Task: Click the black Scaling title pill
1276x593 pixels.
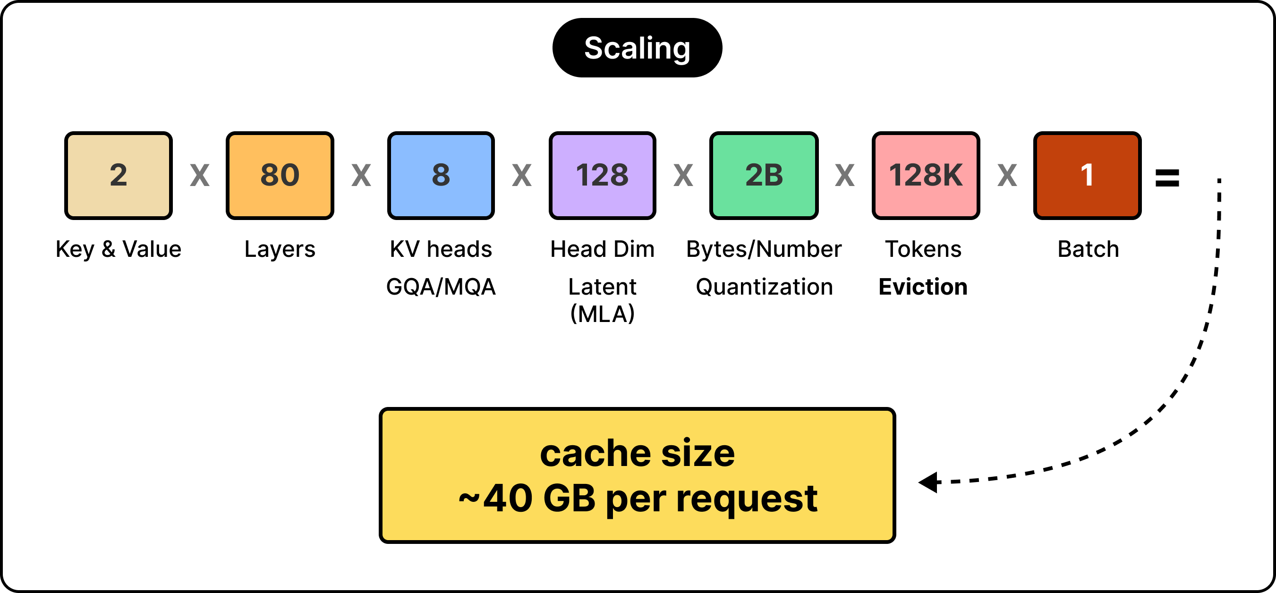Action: tap(637, 48)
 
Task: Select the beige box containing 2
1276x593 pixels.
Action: tap(119, 175)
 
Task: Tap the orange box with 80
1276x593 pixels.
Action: tap(280, 175)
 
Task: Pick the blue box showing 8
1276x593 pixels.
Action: tap(441, 175)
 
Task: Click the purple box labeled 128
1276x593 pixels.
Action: tap(602, 175)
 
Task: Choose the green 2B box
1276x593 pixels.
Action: tap(764, 175)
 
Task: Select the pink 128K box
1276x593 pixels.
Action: tap(926, 175)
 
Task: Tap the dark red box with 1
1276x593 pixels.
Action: tap(1087, 175)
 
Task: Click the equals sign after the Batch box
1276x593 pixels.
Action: tap(1167, 178)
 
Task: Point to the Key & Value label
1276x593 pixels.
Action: tap(119, 249)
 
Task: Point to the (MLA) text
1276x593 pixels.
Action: tap(602, 313)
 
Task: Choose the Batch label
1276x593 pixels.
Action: tap(1088, 249)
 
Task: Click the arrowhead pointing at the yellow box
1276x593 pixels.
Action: tap(928, 482)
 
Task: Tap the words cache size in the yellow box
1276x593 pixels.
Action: tap(638, 453)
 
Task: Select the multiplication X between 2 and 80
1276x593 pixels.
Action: tap(200, 175)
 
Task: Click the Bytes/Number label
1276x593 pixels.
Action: tap(764, 249)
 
